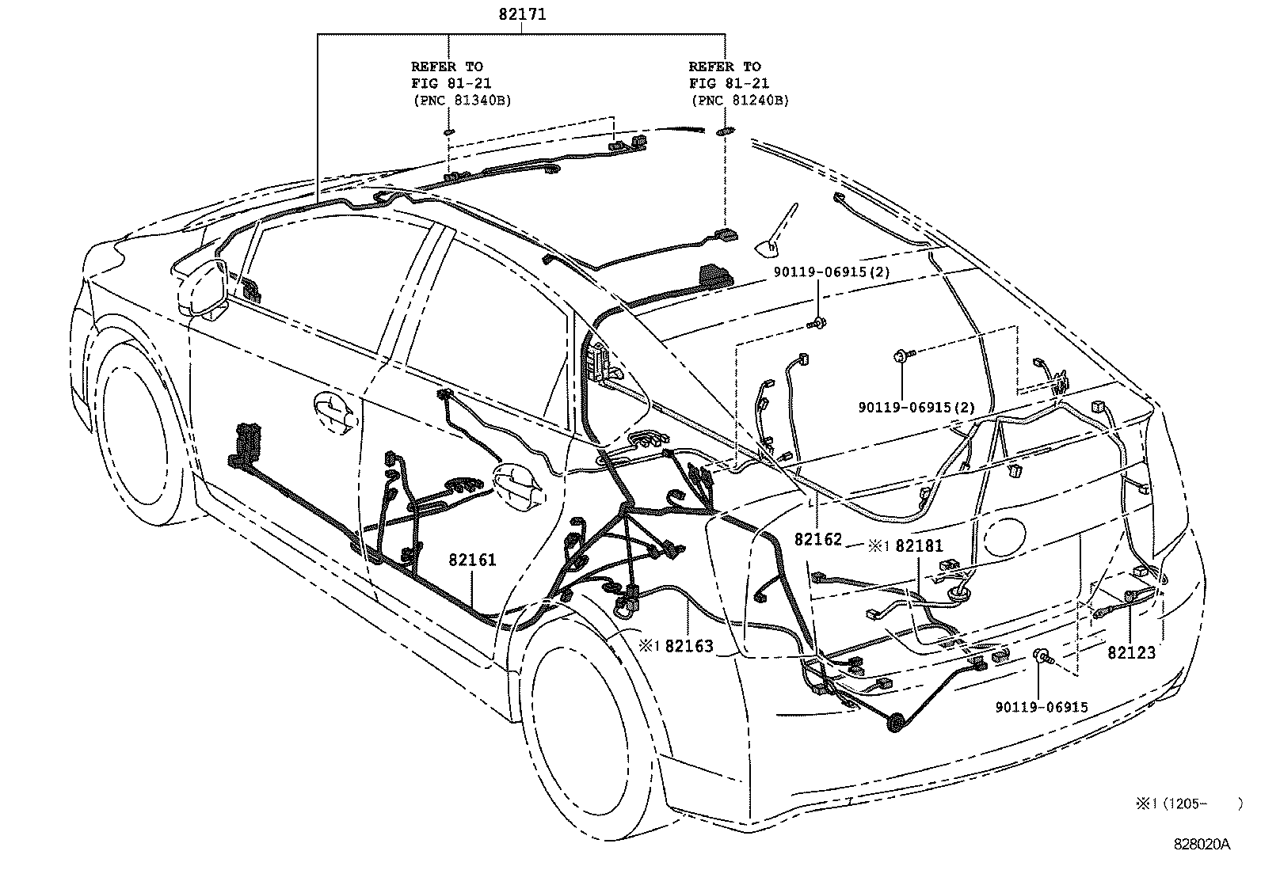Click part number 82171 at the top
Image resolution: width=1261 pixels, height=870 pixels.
(x=522, y=14)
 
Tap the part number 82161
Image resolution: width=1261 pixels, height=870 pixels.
(x=472, y=560)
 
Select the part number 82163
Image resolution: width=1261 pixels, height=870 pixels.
(x=689, y=646)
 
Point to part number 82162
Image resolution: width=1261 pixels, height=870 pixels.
(x=818, y=540)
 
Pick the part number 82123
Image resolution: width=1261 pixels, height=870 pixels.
(x=1131, y=653)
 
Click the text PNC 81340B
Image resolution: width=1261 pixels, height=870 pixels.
(x=462, y=101)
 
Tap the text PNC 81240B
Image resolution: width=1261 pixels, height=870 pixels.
(x=740, y=101)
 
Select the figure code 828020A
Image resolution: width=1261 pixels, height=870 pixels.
(x=1202, y=845)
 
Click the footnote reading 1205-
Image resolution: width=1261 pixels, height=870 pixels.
(x=1185, y=804)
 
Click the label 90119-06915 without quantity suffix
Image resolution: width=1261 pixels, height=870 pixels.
(x=1042, y=708)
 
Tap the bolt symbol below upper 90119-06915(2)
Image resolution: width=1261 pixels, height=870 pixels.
(x=817, y=321)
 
